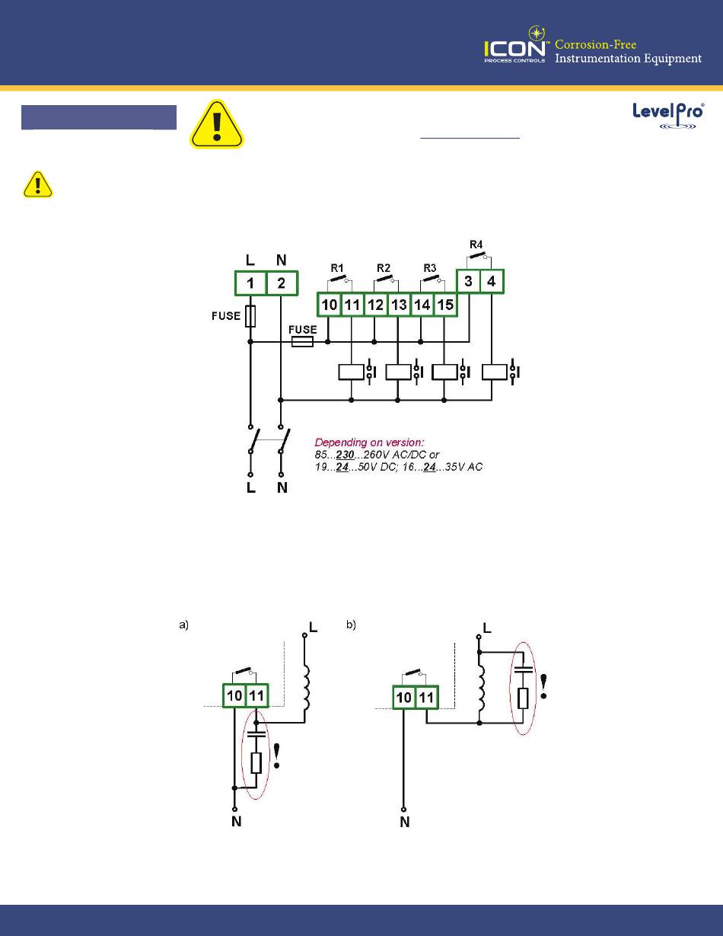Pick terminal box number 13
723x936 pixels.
click(399, 305)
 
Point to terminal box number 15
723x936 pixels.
click(444, 305)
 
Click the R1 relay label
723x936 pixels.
click(337, 268)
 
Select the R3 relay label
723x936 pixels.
click(430, 268)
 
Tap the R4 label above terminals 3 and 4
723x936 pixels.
click(476, 244)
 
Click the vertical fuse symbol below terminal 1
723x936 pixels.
click(250, 317)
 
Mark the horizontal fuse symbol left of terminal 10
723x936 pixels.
click(303, 343)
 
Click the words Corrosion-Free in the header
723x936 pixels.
click(596, 44)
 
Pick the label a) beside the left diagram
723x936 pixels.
click(183, 625)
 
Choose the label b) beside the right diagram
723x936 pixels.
click(352, 625)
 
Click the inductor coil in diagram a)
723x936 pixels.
click(308, 686)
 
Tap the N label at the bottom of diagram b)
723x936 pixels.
click(405, 823)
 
